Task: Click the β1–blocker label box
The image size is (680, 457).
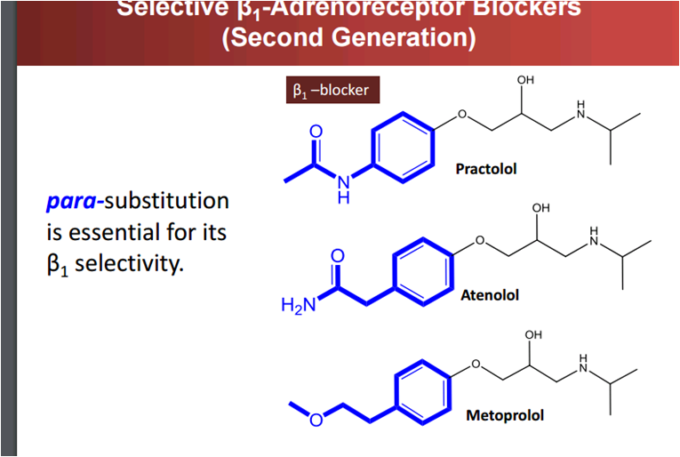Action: click(326, 90)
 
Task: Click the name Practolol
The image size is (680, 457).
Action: click(485, 168)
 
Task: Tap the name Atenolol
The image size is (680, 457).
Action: click(489, 293)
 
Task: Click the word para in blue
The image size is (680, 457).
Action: click(74, 201)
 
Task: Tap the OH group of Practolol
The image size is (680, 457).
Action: click(525, 81)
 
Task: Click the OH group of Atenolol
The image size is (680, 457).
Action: click(540, 208)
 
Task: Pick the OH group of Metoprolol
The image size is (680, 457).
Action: click(533, 334)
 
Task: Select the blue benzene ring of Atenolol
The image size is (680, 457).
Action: click(422, 269)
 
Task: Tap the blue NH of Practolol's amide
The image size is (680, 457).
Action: click(344, 190)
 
